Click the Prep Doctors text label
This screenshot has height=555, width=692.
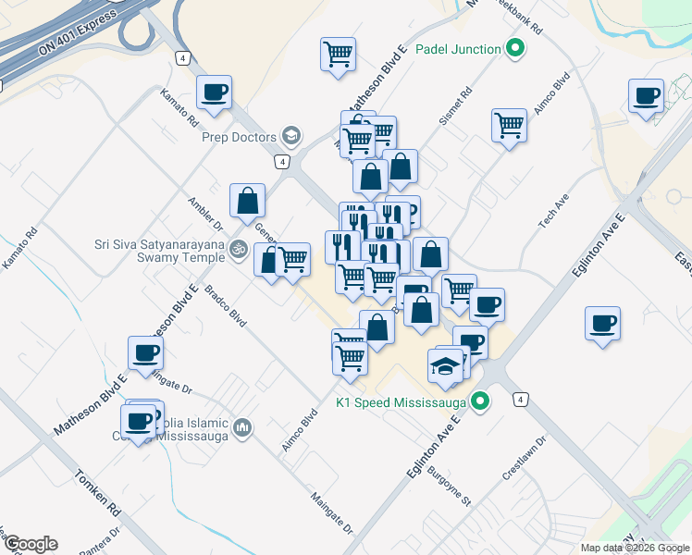tap(240, 137)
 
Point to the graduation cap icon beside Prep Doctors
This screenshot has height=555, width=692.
tap(292, 137)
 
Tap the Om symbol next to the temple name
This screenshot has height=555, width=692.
tap(238, 249)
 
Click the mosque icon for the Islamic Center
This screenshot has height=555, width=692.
tap(242, 426)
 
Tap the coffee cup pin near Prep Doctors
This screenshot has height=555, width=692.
tap(215, 92)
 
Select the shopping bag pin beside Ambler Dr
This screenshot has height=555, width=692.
tap(248, 201)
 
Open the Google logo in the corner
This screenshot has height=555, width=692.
tap(31, 544)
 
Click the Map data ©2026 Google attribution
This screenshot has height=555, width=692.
tap(635, 548)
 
